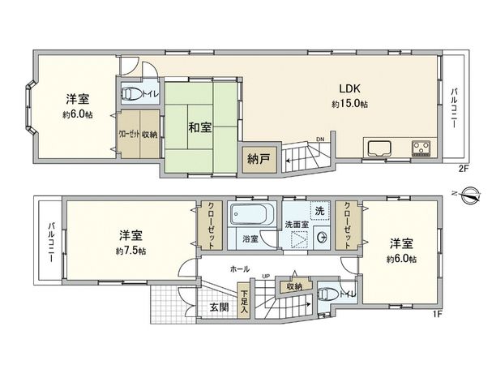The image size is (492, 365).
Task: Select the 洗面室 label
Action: (293, 223)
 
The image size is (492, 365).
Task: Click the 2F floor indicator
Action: (464, 168)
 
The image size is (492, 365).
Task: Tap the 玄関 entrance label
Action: (219, 307)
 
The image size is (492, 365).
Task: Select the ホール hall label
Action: (239, 268)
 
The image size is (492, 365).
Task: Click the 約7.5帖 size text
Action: (130, 251)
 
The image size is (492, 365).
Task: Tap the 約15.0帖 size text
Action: (349, 105)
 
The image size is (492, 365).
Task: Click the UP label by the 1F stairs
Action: (265, 277)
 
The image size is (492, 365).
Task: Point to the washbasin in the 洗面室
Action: (322, 238)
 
